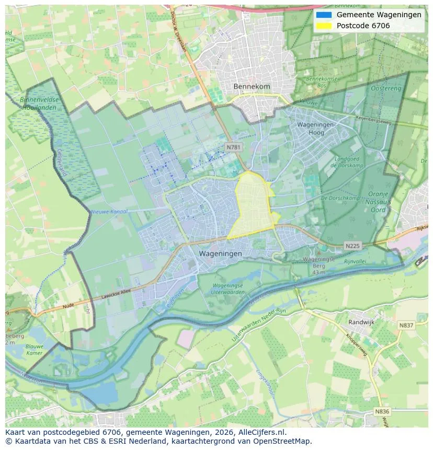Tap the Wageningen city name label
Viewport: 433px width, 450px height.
click(x=220, y=253)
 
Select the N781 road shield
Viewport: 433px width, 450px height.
click(x=233, y=147)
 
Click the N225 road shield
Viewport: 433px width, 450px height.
click(x=352, y=246)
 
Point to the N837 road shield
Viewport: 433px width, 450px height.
click(x=406, y=325)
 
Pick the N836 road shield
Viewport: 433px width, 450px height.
click(x=382, y=412)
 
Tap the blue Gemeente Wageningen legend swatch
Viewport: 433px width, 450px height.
click(x=324, y=15)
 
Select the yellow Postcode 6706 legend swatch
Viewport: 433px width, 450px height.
click(x=324, y=26)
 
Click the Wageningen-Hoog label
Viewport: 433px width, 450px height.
click(x=317, y=129)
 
